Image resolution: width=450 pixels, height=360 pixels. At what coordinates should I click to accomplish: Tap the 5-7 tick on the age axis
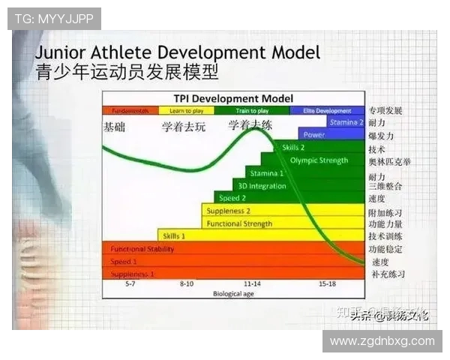[130, 285]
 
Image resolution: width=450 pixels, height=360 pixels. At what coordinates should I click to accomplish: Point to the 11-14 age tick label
[252, 285]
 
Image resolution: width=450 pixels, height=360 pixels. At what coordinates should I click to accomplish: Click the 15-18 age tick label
[327, 285]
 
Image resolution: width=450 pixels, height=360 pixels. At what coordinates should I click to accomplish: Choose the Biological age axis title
[233, 294]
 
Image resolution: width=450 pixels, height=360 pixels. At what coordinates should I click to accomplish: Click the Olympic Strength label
[319, 160]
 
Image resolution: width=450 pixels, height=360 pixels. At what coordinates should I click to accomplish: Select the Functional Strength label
[239, 223]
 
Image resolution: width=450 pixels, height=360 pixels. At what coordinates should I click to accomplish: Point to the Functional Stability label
[142, 249]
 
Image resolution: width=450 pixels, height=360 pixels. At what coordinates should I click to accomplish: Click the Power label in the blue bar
[314, 135]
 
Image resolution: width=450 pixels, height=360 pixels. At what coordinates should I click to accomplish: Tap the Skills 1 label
[174, 235]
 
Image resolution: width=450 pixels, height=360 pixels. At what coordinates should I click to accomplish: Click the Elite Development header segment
[327, 110]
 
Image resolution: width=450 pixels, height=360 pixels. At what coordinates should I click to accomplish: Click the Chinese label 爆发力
[382, 136]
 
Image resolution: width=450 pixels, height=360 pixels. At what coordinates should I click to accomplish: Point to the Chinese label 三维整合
[385, 186]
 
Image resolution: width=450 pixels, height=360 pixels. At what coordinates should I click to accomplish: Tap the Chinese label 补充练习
[388, 274]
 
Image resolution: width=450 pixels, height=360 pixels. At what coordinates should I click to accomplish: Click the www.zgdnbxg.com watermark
[382, 341]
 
